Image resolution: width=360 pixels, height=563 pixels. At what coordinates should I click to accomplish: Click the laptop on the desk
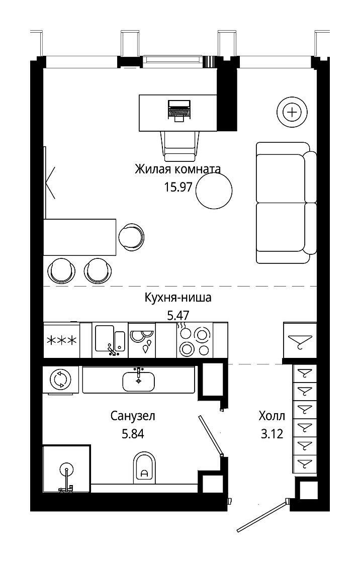[x=178, y=111]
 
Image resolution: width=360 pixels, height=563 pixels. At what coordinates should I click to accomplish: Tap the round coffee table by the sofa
[x=215, y=191]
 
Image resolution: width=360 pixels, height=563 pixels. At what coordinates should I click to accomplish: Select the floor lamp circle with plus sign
[x=292, y=113]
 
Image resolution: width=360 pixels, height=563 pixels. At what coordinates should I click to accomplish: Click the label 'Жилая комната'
[x=177, y=169]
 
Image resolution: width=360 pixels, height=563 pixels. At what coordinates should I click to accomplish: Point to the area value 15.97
[x=178, y=186]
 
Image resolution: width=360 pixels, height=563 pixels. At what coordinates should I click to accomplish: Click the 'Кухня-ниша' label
[x=178, y=298]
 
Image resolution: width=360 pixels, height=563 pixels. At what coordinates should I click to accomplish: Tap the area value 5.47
[x=178, y=315]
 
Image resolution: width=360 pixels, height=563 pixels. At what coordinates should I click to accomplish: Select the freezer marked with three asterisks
[x=62, y=340]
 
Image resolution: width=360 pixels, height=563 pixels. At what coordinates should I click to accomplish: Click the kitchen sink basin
[x=110, y=340]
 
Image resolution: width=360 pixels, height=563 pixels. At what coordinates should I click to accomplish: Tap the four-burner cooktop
[x=195, y=340]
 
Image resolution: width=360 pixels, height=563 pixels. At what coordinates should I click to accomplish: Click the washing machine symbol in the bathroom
[x=60, y=380]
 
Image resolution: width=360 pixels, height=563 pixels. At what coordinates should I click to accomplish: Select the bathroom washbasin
[x=139, y=381]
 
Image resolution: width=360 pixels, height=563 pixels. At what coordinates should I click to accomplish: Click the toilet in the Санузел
[x=144, y=467]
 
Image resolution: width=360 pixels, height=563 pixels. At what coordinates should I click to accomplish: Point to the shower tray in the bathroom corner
[x=66, y=469]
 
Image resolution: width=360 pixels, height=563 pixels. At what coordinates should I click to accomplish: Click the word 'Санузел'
[x=133, y=416]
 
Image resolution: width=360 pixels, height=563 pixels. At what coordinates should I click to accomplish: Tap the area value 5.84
[x=133, y=434]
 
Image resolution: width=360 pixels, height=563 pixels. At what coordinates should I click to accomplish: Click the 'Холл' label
[x=272, y=416]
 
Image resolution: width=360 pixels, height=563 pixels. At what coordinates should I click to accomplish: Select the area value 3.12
[x=272, y=434]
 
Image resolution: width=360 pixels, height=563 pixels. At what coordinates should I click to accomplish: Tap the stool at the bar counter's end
[x=132, y=237]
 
